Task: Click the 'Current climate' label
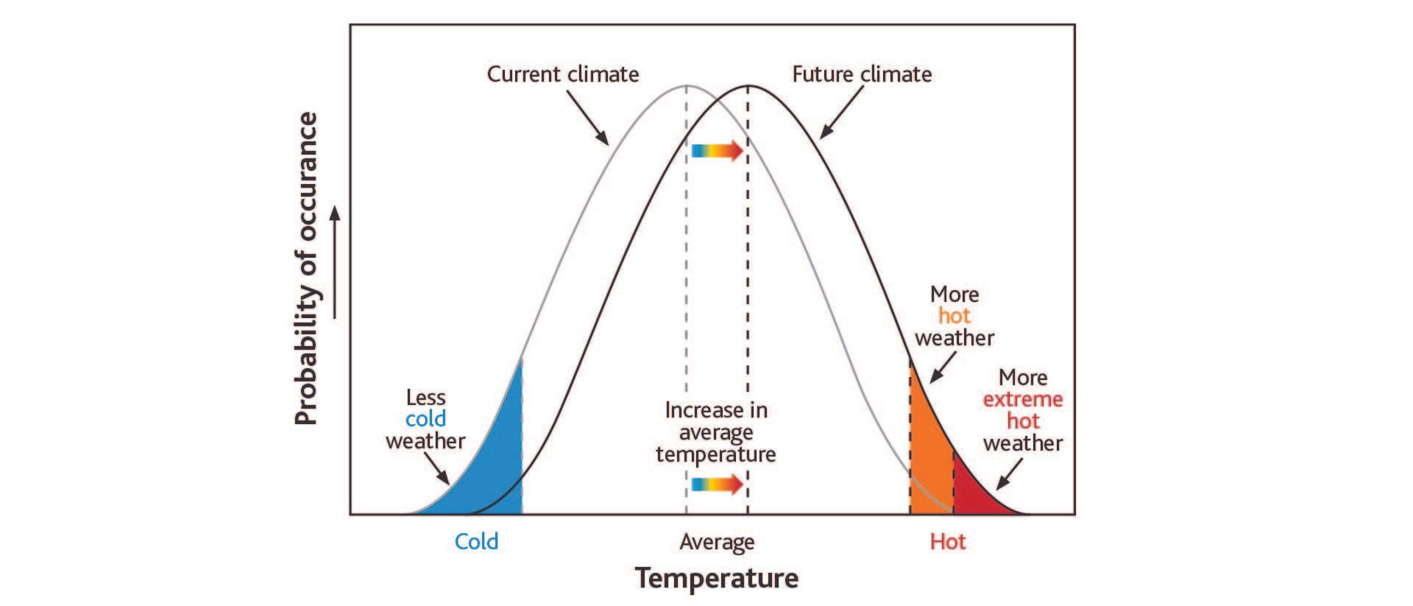pos(563,74)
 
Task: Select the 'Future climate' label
pos(862,74)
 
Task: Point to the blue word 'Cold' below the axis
pos(476,542)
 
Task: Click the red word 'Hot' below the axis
pos(947,542)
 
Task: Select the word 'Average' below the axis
pos(717,543)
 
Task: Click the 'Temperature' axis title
pos(717,578)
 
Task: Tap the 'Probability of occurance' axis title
pos(306,269)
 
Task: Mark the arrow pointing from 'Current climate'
pos(588,118)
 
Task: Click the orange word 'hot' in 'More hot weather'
pos(954,316)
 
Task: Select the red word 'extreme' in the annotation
pos(1023,399)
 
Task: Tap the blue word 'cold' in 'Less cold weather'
pos(425,419)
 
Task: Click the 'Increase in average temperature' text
pos(716,431)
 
